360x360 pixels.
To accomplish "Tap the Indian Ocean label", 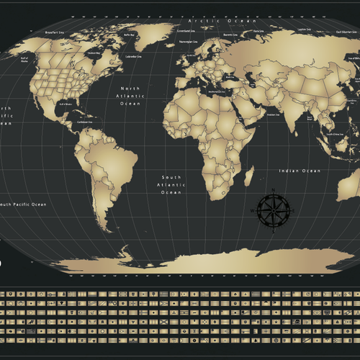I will click(300, 171).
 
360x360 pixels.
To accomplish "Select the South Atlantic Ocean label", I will click(171, 185).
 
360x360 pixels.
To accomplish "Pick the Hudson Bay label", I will click(93, 53).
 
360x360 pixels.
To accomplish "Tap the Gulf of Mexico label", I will click(66, 104).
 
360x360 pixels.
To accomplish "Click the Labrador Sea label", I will click(133, 56).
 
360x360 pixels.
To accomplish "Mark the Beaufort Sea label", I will click(55, 32).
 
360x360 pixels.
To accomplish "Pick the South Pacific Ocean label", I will click(23, 204).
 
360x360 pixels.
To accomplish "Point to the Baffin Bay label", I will click(129, 34).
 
